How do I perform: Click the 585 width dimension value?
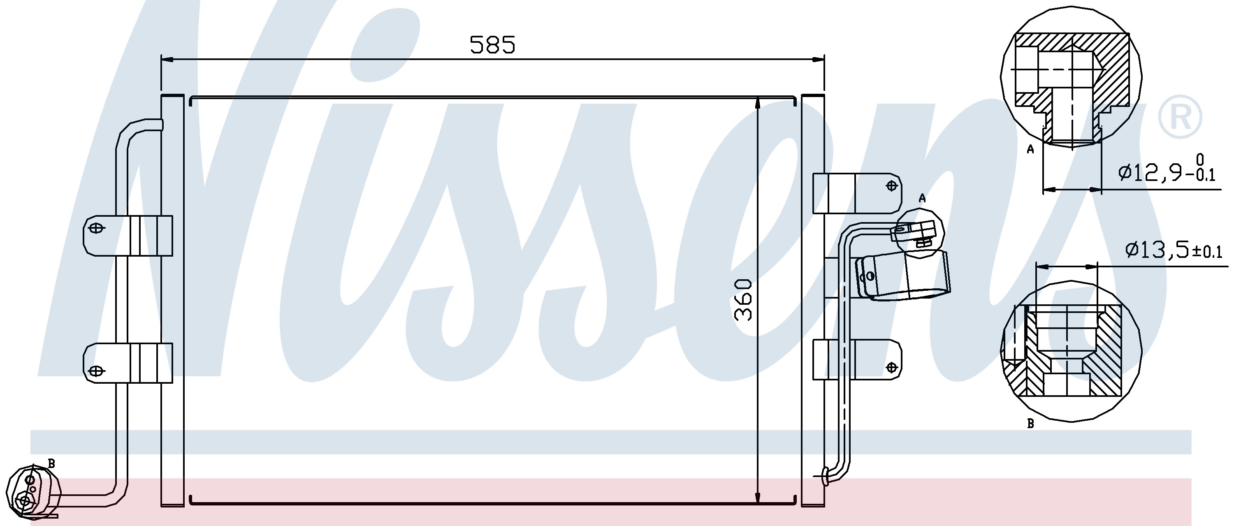click(x=492, y=45)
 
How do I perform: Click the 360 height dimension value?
click(x=743, y=300)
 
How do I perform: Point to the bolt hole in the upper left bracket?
click(x=96, y=228)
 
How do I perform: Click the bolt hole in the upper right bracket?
click(x=891, y=185)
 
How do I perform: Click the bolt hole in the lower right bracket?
click(x=891, y=367)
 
